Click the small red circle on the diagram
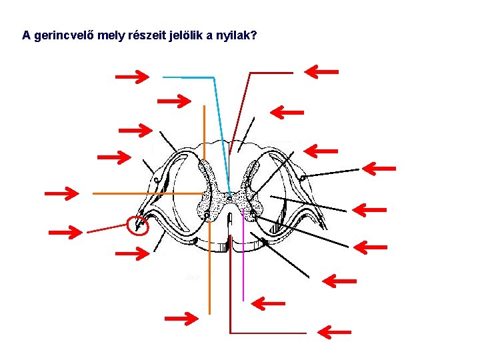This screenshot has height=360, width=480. (138, 226)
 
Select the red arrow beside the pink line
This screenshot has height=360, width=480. (269, 304)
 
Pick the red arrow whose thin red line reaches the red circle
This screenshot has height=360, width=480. (67, 232)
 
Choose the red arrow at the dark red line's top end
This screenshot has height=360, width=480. (321, 71)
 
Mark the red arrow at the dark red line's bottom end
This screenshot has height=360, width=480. (334, 331)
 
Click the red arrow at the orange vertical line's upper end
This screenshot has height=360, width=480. (173, 101)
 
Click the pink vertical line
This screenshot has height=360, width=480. (243, 267)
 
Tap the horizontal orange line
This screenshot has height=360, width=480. (147, 193)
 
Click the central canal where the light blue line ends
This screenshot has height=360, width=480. (229, 197)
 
